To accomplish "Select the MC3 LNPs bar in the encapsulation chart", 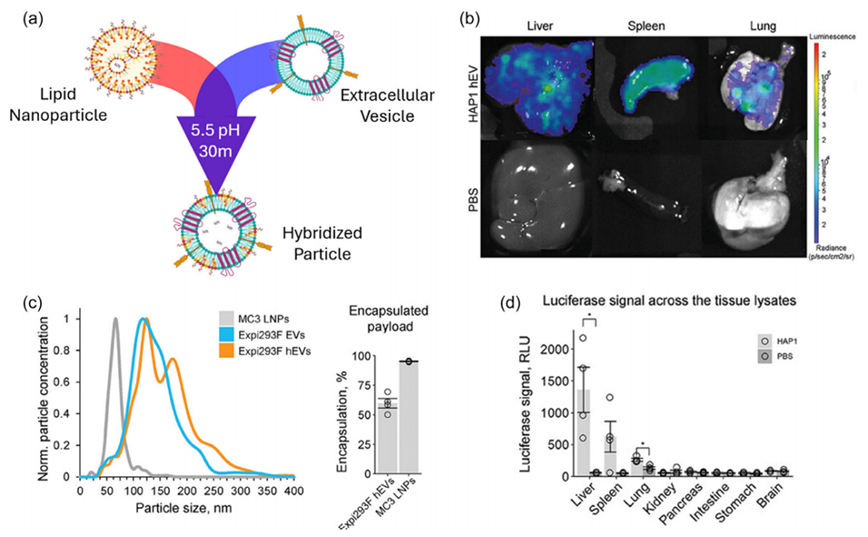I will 411,418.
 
